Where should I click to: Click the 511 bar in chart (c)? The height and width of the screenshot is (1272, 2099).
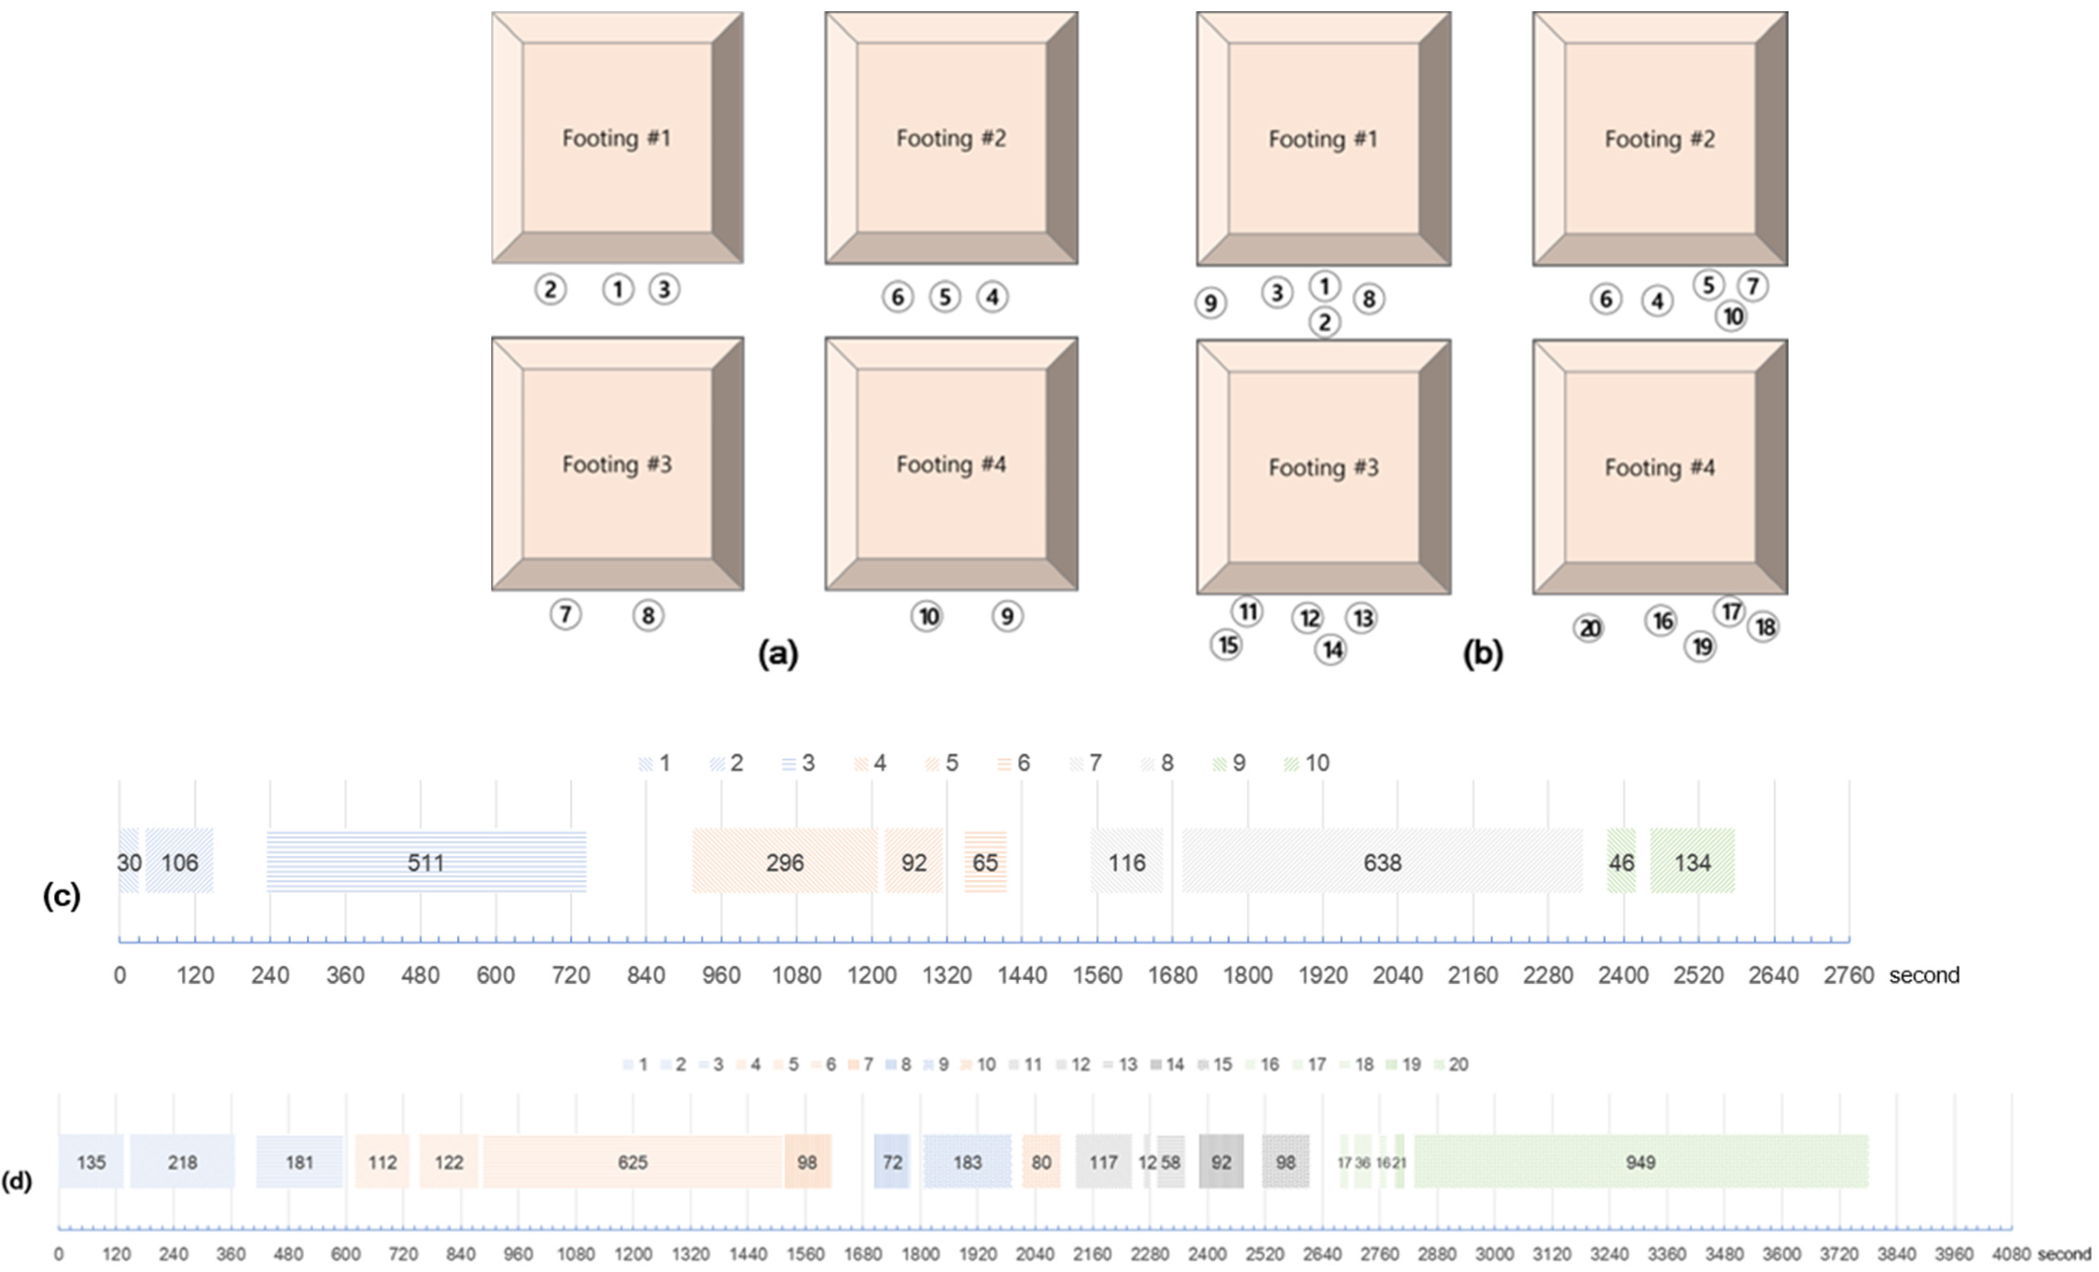click(x=426, y=862)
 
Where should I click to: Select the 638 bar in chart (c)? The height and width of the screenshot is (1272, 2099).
click(x=1381, y=862)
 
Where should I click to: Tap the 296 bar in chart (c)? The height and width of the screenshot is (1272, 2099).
click(x=784, y=862)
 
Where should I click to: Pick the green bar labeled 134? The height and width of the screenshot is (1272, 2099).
click(x=1692, y=862)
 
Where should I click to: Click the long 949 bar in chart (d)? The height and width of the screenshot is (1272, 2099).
click(x=1640, y=1162)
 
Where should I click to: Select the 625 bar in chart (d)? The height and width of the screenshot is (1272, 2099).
click(x=632, y=1162)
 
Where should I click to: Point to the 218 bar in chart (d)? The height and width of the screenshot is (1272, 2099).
click(x=182, y=1162)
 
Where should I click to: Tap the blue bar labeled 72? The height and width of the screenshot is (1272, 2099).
click(x=892, y=1162)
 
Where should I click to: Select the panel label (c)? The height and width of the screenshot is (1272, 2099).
click(x=61, y=896)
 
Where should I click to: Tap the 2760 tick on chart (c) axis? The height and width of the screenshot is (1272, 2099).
click(x=1849, y=974)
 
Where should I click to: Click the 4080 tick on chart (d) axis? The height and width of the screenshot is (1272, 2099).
click(x=2010, y=1254)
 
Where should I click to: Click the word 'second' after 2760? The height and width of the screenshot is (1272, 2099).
click(x=1923, y=974)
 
